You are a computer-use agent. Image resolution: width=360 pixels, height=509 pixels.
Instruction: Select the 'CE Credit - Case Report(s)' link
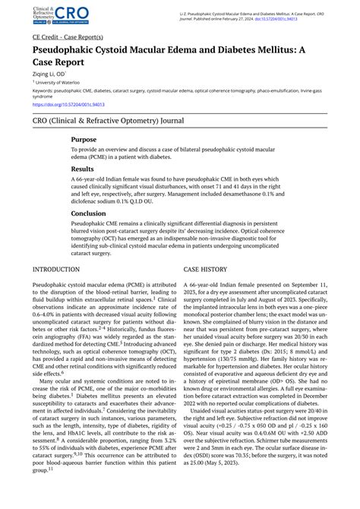pyautogui.click(x=69, y=36)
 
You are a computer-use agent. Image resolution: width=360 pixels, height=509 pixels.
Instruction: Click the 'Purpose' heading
pyautogui.click(x=84, y=140)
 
